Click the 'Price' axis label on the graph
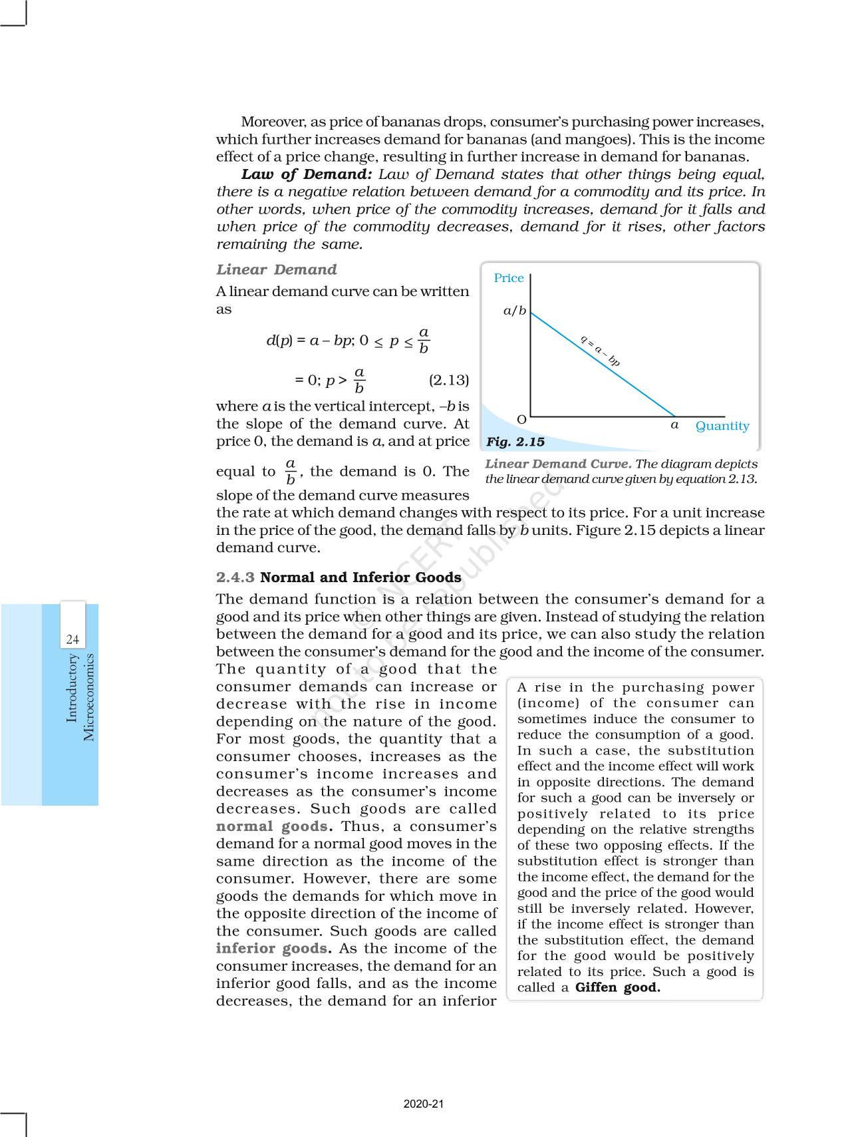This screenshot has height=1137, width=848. tap(508, 278)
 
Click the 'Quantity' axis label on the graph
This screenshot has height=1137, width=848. tap(722, 426)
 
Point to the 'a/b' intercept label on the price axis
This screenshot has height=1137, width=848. tap(514, 311)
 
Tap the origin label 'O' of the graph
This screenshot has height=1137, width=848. tap(521, 419)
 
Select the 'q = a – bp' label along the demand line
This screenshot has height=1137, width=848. tap(600, 351)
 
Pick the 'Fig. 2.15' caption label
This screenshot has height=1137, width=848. tap(515, 442)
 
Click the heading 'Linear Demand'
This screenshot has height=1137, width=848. tap(276, 269)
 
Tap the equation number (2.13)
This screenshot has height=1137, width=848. tap(448, 380)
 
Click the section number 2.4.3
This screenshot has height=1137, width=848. tap(235, 577)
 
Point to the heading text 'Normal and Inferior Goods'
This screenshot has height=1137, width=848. tap(360, 577)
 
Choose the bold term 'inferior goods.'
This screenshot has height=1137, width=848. tap(274, 949)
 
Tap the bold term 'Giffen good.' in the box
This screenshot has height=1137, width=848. tap(618, 988)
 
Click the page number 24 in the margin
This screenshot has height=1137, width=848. tap(72, 640)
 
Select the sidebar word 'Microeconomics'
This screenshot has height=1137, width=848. tap(89, 697)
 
